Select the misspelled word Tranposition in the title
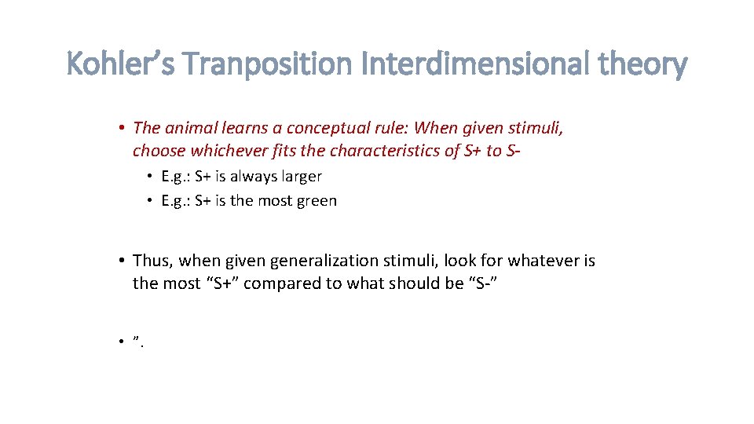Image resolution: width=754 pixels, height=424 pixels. pyautogui.click(x=273, y=64)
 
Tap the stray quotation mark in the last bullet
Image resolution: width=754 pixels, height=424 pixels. pyautogui.click(x=136, y=338)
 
